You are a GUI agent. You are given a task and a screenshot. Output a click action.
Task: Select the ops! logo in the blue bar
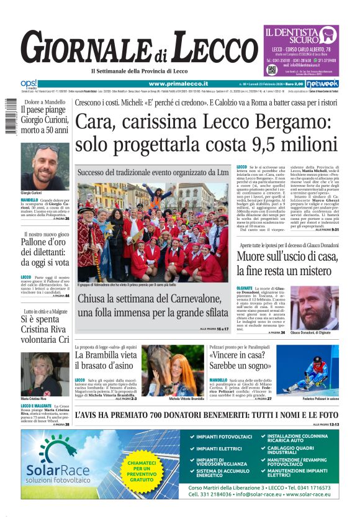(x=29, y=83)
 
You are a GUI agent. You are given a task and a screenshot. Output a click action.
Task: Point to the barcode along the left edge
(x=11, y=116)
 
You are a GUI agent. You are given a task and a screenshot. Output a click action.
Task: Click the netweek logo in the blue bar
(x=322, y=83)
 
